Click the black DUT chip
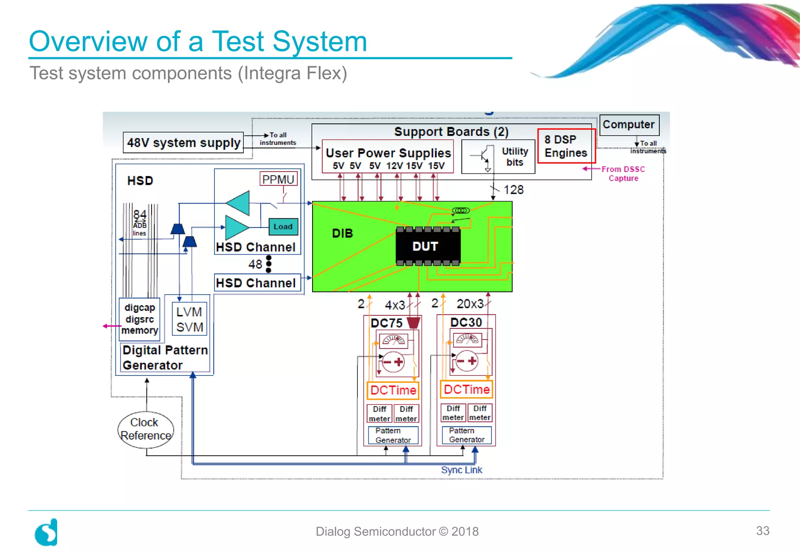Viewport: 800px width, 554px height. tap(428, 246)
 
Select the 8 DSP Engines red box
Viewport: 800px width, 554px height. tap(566, 146)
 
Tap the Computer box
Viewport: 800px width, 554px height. tap(629, 125)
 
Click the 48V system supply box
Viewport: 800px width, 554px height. tap(183, 143)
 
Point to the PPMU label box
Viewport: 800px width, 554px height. tap(278, 179)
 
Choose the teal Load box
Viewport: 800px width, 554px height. tap(283, 227)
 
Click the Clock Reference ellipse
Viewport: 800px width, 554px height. tap(145, 429)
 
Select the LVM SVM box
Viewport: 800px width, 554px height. tap(189, 319)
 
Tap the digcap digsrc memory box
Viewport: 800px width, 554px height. tap(139, 319)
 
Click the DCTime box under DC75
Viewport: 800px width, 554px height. tap(393, 390)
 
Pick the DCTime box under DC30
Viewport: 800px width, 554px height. tap(466, 390)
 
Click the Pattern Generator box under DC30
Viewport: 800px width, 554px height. tap(466, 435)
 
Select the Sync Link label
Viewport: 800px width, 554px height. tap(461, 470)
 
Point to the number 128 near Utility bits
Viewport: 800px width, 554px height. tap(513, 190)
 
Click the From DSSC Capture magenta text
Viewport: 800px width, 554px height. tap(623, 173)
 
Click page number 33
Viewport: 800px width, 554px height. tap(762, 531)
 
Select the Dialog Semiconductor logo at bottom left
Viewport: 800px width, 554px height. tap(46, 532)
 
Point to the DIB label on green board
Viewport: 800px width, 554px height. tap(342, 233)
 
